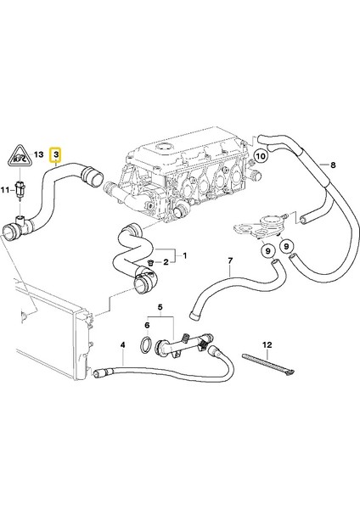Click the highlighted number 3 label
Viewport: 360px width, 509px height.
point(55,155)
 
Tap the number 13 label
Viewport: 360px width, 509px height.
point(39,155)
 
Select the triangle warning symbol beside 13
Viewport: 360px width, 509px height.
point(20,155)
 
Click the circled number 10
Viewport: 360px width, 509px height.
point(261,156)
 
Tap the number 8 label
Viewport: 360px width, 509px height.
point(334,165)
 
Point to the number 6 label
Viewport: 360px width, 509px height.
point(145,324)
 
